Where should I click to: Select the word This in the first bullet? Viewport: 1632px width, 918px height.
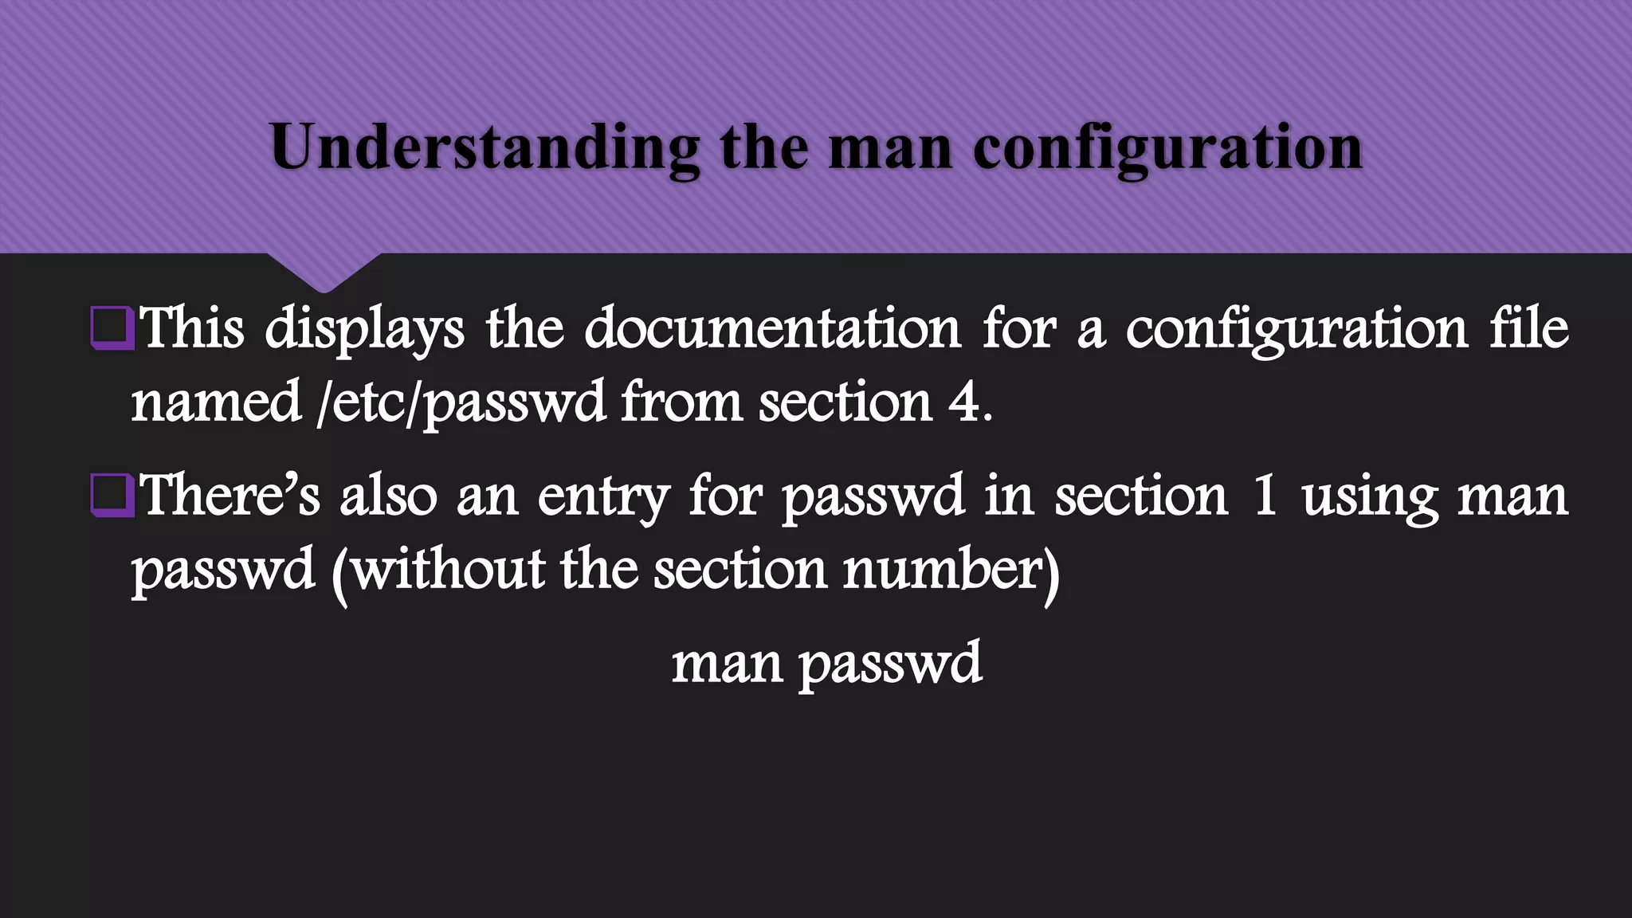(191, 328)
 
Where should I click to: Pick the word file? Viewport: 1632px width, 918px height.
(1528, 328)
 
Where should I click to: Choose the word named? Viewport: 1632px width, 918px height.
(216, 402)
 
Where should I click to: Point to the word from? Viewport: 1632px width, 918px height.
(681, 402)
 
